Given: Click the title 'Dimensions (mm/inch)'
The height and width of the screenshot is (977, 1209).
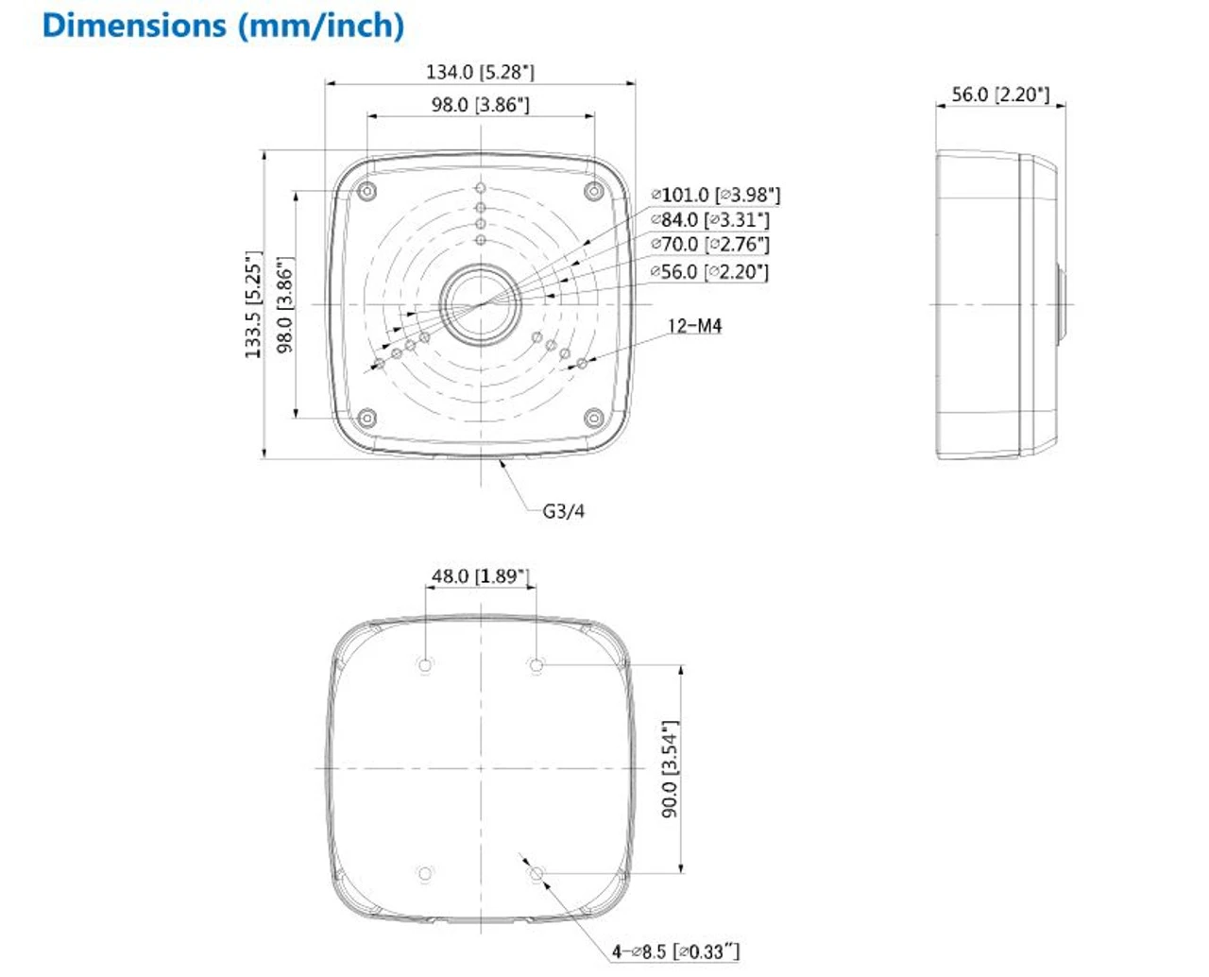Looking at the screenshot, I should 223,26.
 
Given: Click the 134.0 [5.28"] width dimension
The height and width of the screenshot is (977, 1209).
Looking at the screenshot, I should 480,72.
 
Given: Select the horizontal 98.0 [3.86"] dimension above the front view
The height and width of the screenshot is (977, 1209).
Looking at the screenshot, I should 480,104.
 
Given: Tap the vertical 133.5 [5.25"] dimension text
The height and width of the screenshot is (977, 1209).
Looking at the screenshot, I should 253,304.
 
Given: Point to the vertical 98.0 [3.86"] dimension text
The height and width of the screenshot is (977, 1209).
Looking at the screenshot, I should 284,304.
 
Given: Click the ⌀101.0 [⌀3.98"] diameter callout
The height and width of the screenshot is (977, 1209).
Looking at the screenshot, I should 716,195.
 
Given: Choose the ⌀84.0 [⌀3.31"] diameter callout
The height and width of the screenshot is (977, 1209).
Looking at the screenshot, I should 710,219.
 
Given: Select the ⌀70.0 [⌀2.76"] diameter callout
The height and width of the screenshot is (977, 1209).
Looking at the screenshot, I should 710,244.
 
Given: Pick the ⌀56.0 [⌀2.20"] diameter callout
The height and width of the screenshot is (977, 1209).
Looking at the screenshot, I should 710,271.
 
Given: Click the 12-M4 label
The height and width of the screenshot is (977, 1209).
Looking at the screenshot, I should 694,326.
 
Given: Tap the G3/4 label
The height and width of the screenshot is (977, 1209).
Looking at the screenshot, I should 563,511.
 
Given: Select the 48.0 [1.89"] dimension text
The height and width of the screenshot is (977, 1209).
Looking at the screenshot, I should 480,576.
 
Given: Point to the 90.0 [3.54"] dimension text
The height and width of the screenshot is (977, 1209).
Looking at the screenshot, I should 670,769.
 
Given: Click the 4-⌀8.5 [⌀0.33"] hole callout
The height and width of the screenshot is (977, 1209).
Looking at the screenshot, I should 675,951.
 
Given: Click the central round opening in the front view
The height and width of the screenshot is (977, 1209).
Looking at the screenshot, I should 481,304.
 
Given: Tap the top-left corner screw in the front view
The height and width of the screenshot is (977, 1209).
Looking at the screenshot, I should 367,192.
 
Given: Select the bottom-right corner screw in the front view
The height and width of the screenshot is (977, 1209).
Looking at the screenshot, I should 593,417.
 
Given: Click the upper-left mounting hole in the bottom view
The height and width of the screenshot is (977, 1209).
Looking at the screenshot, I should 425,665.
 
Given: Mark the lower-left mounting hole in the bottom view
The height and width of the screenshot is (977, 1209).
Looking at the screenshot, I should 425,874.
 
